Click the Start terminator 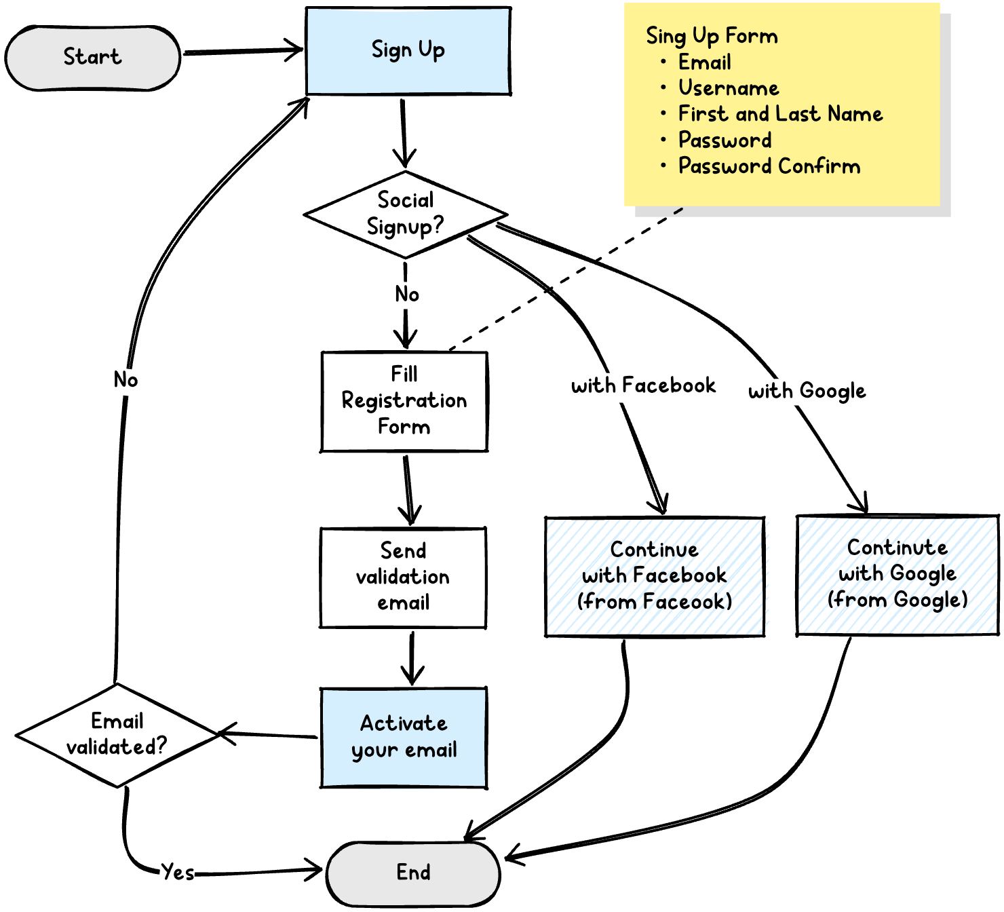coord(92,58)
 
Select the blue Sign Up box coord(408,51)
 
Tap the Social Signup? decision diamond coord(405,214)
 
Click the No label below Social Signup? coord(408,294)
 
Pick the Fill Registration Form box coord(404,400)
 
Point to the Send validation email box coord(404,577)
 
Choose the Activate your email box coord(404,737)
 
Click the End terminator coord(413,873)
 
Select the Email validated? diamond coord(117,734)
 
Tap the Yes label coord(178,872)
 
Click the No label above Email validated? coord(125,380)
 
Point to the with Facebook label coord(643,386)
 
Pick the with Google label coord(807,392)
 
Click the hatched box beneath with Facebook coord(656,577)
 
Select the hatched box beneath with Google coord(897,575)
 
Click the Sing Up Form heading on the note coord(712,36)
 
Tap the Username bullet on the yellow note coord(729,88)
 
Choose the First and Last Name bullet coord(780,114)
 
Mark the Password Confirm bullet coord(769,166)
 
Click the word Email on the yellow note coord(705,62)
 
